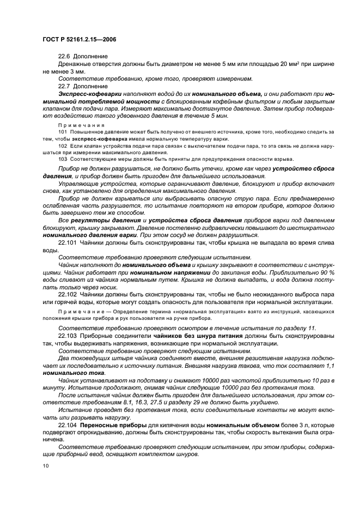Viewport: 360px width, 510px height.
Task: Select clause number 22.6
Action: [65, 56]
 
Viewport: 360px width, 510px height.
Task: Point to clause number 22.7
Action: [65, 86]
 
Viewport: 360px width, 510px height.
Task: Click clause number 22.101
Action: [68, 241]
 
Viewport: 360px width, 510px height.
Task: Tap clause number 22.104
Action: [68, 423]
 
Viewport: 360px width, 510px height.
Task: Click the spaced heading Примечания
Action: [76, 125]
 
